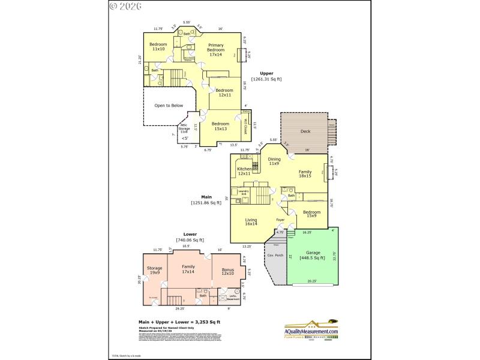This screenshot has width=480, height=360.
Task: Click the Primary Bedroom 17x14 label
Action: coord(215,50)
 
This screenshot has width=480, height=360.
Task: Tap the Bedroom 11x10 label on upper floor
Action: coord(158,47)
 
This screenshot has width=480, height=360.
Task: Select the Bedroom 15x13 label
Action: coord(220,126)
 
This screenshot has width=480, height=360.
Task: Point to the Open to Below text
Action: coord(169,105)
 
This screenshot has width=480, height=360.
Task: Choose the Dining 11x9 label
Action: coord(274,161)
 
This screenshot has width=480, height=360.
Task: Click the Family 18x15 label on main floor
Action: coord(305,174)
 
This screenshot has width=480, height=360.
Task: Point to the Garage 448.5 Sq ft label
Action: coord(313,255)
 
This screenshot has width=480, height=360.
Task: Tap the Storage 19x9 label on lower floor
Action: coord(155,270)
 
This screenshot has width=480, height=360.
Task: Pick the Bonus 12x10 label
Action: coord(228,272)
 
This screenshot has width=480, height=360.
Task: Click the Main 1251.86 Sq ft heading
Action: coord(206,199)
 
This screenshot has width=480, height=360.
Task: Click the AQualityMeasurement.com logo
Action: coord(311,331)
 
